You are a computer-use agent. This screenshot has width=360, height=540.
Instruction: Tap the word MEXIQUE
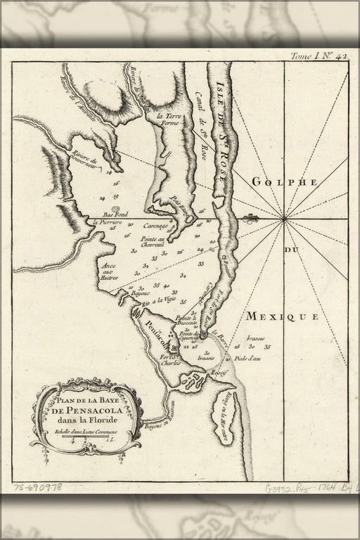click(x=282, y=317)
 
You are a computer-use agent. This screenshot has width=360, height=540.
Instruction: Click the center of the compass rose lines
click(x=284, y=220)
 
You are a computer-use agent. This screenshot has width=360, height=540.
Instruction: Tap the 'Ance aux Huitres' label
click(x=109, y=272)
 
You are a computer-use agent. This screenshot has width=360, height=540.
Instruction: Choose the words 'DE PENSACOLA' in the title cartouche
click(x=85, y=411)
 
